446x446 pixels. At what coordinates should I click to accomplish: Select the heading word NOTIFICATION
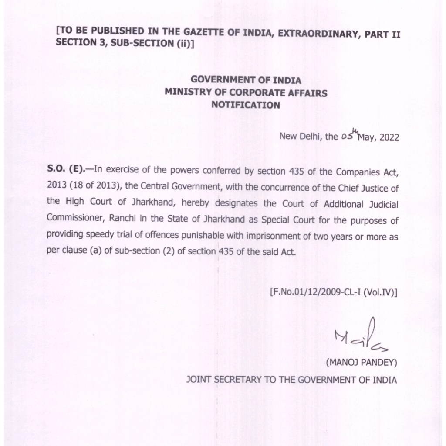coord(245,105)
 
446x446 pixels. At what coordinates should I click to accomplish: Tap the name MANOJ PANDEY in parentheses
coord(362,363)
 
